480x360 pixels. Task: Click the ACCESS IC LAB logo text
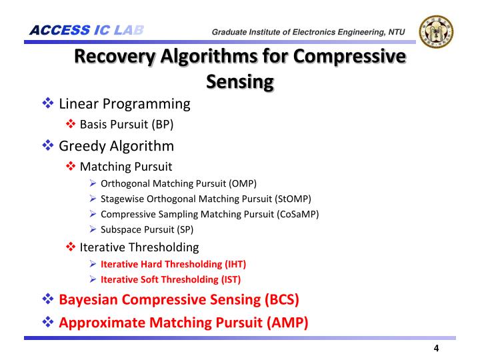87,29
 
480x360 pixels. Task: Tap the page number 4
436,349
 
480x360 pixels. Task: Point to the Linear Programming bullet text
125,104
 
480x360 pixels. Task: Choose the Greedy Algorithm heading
117,145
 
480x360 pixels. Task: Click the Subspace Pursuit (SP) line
147,229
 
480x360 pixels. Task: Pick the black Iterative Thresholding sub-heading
139,247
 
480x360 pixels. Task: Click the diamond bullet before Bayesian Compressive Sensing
48,299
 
